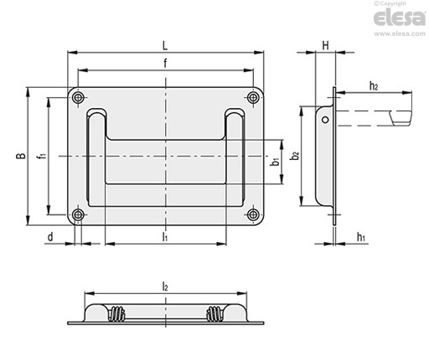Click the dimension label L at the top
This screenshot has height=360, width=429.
pos(165,46)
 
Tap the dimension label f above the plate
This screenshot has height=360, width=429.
pos(165,63)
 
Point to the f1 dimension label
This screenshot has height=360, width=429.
pos(43,155)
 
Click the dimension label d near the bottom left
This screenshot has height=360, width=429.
pos(50,237)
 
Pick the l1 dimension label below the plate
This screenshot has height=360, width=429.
pos(165,237)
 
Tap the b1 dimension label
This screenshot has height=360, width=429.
pos(276,162)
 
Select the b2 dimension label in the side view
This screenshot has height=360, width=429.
pos(295,156)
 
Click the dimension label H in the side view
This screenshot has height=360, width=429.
pos(326,45)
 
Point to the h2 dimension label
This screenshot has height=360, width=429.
pos(374,86)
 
